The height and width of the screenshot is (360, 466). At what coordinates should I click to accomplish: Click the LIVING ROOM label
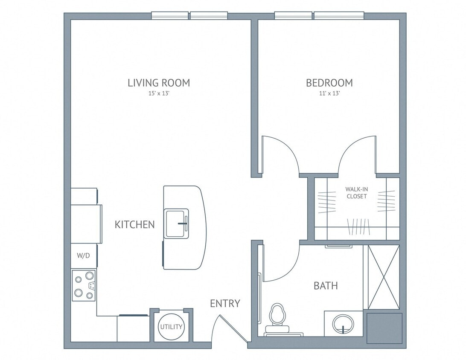159,83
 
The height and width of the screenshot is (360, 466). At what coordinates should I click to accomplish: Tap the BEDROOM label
329,83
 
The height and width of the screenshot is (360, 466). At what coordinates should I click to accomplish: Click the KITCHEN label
134,224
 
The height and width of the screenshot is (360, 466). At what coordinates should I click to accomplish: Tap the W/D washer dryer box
83,256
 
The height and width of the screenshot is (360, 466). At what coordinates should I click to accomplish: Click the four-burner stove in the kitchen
84,285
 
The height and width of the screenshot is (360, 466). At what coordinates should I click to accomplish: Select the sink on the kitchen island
177,223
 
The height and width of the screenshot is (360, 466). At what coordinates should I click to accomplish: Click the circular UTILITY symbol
171,327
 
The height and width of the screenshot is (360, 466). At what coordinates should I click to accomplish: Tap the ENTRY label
225,303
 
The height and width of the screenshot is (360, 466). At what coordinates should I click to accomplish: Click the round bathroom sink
343,324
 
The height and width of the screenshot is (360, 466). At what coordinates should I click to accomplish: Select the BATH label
326,286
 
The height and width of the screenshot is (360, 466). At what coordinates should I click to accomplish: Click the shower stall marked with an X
384,277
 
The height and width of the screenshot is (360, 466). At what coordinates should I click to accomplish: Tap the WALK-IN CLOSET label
356,193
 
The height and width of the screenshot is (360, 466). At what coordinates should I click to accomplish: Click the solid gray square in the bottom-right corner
384,328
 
